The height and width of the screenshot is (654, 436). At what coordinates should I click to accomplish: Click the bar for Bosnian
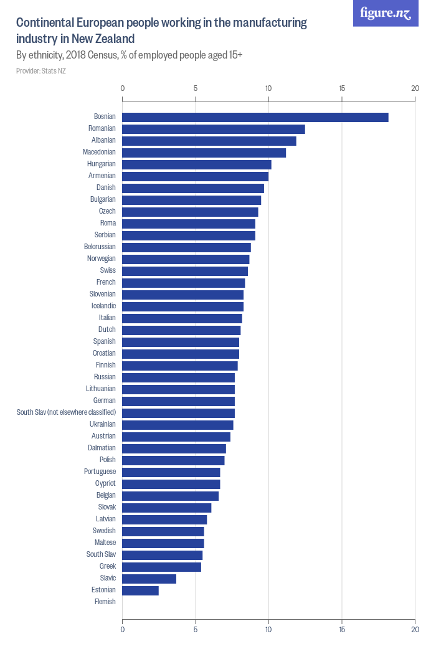[x=255, y=117]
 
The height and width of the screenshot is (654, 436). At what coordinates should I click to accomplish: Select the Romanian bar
[x=214, y=129]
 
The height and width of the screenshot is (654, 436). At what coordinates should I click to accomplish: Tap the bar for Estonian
[x=140, y=590]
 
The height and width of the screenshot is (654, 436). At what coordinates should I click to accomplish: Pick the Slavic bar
[x=149, y=579]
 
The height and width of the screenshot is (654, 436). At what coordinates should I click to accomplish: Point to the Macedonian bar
[x=204, y=153]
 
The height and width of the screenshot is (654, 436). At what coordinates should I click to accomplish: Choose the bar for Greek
[x=161, y=567]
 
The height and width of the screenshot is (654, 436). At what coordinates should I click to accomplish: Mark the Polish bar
[x=173, y=460]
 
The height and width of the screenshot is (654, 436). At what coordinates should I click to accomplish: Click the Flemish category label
[x=105, y=602]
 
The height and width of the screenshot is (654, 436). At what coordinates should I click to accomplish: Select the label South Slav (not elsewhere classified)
[x=66, y=412]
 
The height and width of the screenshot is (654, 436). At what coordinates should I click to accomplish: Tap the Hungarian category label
[x=102, y=164]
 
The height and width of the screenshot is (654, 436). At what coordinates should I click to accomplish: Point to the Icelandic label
[x=103, y=306]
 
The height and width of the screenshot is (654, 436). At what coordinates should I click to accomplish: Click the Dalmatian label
[x=102, y=448]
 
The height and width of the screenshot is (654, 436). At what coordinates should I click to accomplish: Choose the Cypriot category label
[x=105, y=483]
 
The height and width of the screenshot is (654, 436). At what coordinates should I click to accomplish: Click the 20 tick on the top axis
[x=415, y=88]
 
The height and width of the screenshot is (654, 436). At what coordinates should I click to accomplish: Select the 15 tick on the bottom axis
[x=342, y=630]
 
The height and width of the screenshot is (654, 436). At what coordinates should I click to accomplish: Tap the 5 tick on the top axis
[x=196, y=88]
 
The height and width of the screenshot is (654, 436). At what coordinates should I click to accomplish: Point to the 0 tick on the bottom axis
[x=122, y=630]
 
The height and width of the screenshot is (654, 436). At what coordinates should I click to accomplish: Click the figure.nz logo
[x=386, y=13]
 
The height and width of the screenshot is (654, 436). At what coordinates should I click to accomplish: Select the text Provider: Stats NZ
[x=41, y=71]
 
